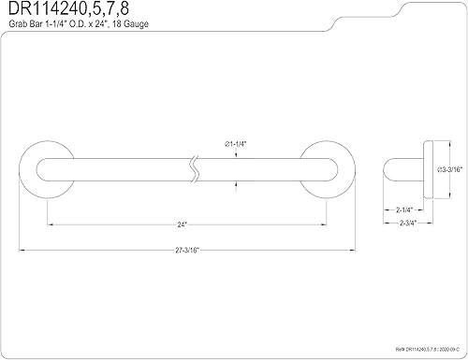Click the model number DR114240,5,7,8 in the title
(68, 8)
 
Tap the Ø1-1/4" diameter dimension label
(236, 144)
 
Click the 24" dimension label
(182, 224)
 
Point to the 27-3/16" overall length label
(187, 251)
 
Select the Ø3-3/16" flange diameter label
(449, 169)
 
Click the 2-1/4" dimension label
(404, 210)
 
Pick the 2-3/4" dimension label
(408, 223)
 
